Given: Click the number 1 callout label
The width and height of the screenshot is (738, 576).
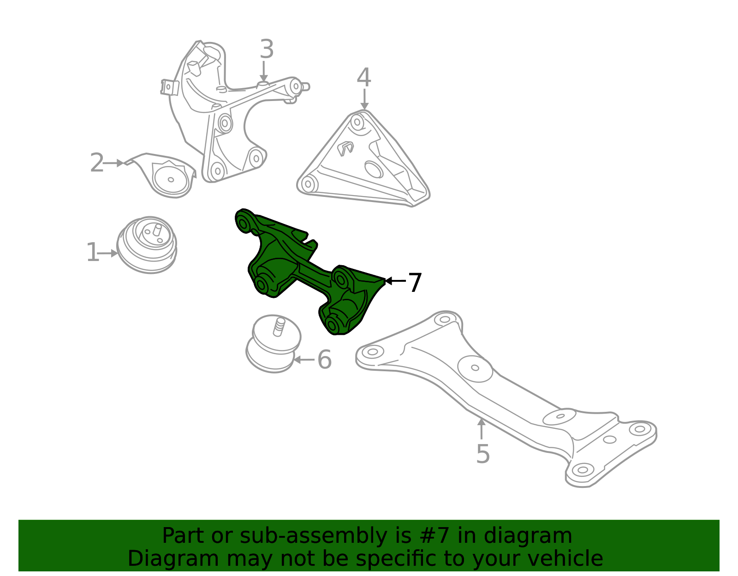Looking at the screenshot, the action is (92, 252).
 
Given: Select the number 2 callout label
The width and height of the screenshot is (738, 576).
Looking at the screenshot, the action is (97, 163).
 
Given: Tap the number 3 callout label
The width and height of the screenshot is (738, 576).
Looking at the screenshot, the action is (267, 49).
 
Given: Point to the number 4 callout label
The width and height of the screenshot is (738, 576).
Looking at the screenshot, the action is (364, 77).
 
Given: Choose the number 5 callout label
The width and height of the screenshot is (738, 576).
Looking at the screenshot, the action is (483, 454).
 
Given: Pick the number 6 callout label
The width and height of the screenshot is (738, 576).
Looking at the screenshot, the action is (324, 359).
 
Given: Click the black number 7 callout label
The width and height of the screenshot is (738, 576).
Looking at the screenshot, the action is (415, 282).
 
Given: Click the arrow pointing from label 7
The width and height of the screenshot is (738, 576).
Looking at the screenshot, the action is (395, 281).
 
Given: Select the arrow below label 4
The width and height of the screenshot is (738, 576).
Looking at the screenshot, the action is (364, 99).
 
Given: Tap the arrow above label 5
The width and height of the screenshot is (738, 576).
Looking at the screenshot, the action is (481, 429).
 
